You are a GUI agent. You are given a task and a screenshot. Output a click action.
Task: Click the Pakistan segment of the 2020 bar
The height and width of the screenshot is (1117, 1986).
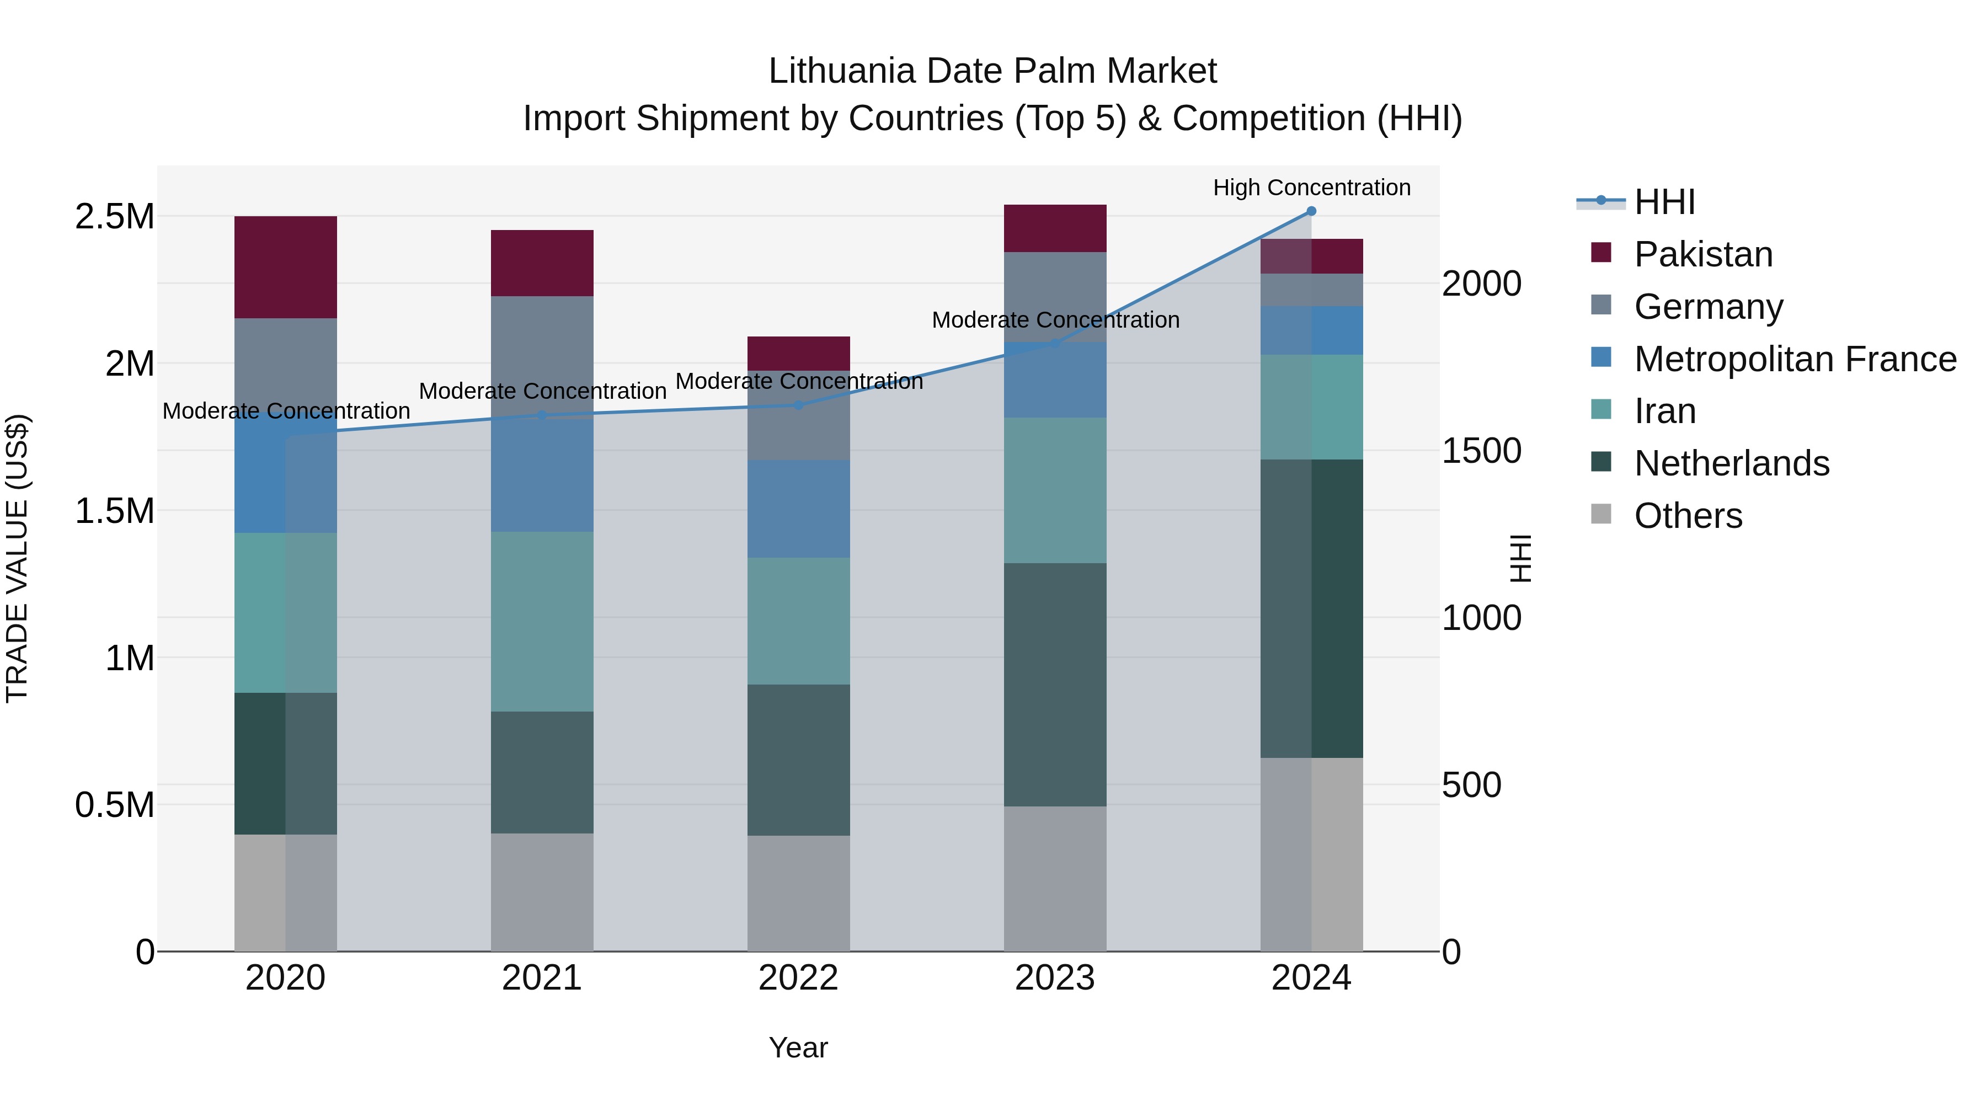point(285,267)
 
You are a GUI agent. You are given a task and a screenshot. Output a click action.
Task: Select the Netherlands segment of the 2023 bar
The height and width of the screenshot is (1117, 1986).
point(1055,685)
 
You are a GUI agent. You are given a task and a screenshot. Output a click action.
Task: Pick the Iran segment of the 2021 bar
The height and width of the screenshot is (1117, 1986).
point(542,621)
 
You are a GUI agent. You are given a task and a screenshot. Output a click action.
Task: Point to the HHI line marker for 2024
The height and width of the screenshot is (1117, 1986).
point(1311,211)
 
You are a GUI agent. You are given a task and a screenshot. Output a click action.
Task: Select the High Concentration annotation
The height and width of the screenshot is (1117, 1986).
point(1311,188)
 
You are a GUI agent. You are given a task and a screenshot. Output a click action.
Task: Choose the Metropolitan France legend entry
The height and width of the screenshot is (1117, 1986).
point(1794,359)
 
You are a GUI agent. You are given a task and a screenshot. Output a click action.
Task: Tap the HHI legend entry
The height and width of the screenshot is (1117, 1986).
point(1664,202)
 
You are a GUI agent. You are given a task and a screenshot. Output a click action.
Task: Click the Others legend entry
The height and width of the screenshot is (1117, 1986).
point(1688,516)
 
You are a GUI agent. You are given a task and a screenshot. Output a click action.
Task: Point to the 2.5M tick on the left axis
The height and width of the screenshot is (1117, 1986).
point(114,217)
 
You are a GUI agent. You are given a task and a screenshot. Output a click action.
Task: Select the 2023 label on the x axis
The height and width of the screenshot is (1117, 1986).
point(1055,978)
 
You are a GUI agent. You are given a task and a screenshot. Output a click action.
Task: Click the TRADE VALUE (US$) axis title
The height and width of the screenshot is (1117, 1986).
point(17,558)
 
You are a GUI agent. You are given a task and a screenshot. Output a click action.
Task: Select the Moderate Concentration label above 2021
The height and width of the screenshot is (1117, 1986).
point(542,392)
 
